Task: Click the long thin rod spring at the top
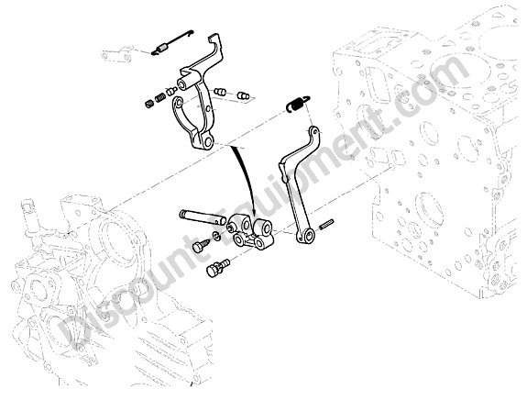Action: pyautogui.click(x=172, y=42)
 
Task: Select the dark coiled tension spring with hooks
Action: pyautogui.click(x=298, y=103)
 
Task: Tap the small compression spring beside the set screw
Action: pyautogui.click(x=159, y=98)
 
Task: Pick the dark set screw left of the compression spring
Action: pyautogui.click(x=148, y=104)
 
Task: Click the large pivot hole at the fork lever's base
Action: pyautogui.click(x=208, y=141)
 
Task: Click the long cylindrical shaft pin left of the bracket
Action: pyautogui.click(x=203, y=217)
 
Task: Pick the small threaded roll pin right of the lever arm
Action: pyautogui.click(x=327, y=224)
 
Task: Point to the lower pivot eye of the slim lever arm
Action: pyautogui.click(x=306, y=236)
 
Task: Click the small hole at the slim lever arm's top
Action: pyautogui.click(x=314, y=130)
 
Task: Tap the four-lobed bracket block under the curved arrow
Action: pyautogui.click(x=250, y=233)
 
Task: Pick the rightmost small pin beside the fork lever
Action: pyautogui.click(x=244, y=95)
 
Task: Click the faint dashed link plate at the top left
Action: pyautogui.click(x=116, y=54)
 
